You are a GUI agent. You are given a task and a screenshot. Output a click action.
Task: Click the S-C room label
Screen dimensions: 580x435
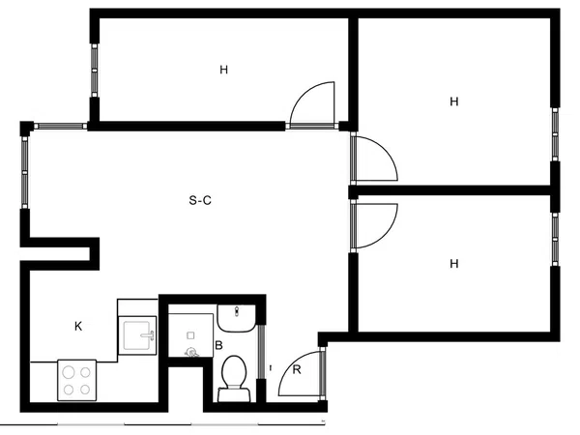tap(200, 200)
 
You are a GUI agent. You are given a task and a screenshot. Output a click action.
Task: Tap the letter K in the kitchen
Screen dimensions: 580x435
tap(78, 327)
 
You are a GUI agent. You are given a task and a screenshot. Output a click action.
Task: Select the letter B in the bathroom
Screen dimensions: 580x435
tap(218, 345)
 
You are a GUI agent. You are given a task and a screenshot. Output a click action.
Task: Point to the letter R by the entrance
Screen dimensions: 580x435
tap(297, 369)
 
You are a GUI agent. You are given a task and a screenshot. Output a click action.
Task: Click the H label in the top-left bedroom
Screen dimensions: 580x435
tap(224, 70)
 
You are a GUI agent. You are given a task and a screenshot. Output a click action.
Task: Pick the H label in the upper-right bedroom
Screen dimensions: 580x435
tap(454, 101)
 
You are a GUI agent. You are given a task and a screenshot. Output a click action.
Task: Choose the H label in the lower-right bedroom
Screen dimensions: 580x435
tap(454, 264)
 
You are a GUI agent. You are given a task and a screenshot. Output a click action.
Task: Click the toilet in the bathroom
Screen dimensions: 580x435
tap(235, 378)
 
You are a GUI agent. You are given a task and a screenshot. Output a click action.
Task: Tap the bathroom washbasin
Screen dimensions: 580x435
tap(236, 318)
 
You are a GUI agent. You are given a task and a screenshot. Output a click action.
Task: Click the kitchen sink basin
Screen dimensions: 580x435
tap(137, 335)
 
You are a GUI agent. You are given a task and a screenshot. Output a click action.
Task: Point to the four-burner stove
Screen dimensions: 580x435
tap(77, 380)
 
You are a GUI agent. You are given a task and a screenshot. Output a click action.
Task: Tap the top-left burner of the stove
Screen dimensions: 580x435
tap(69, 372)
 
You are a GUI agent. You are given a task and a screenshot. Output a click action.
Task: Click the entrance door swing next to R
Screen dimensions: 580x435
tap(289, 364)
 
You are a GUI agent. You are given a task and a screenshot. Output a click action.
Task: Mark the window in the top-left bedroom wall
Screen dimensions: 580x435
tap(95, 70)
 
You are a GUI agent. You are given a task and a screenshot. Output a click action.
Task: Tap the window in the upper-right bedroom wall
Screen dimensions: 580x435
tap(555, 134)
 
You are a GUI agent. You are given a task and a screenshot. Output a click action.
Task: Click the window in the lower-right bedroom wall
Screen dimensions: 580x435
tap(555, 239)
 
